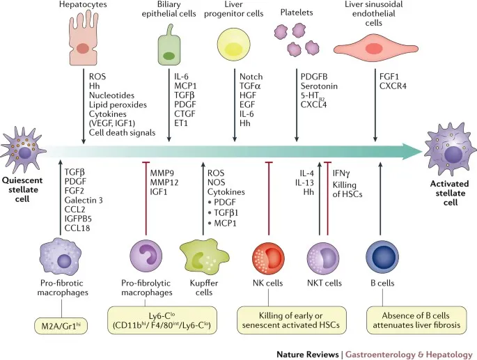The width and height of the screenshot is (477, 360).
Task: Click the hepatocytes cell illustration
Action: [x=84, y=41]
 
